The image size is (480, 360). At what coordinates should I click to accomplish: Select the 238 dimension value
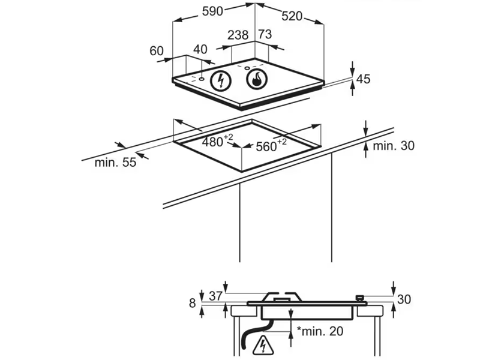(238, 35)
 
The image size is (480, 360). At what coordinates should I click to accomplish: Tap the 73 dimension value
(265, 35)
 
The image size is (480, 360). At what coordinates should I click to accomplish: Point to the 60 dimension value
(157, 51)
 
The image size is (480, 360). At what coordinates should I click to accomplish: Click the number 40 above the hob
(200, 49)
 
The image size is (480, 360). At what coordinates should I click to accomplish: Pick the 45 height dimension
(364, 78)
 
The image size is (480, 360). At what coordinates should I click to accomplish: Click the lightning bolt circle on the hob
(222, 80)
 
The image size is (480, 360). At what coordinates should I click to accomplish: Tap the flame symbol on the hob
(256, 79)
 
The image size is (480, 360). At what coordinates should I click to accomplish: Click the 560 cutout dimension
(269, 146)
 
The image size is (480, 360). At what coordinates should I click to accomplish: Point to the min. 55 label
(115, 162)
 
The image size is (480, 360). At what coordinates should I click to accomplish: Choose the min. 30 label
(394, 146)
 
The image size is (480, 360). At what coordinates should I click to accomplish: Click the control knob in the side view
(361, 297)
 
